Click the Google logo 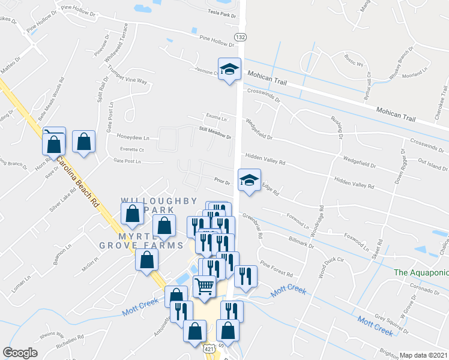click(20, 353)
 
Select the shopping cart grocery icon click(204, 287)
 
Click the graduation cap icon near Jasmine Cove click(229, 70)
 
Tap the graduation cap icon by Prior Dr click(249, 180)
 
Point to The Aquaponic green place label click(421, 272)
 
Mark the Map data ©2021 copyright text click(424, 355)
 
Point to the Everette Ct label click(131, 149)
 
